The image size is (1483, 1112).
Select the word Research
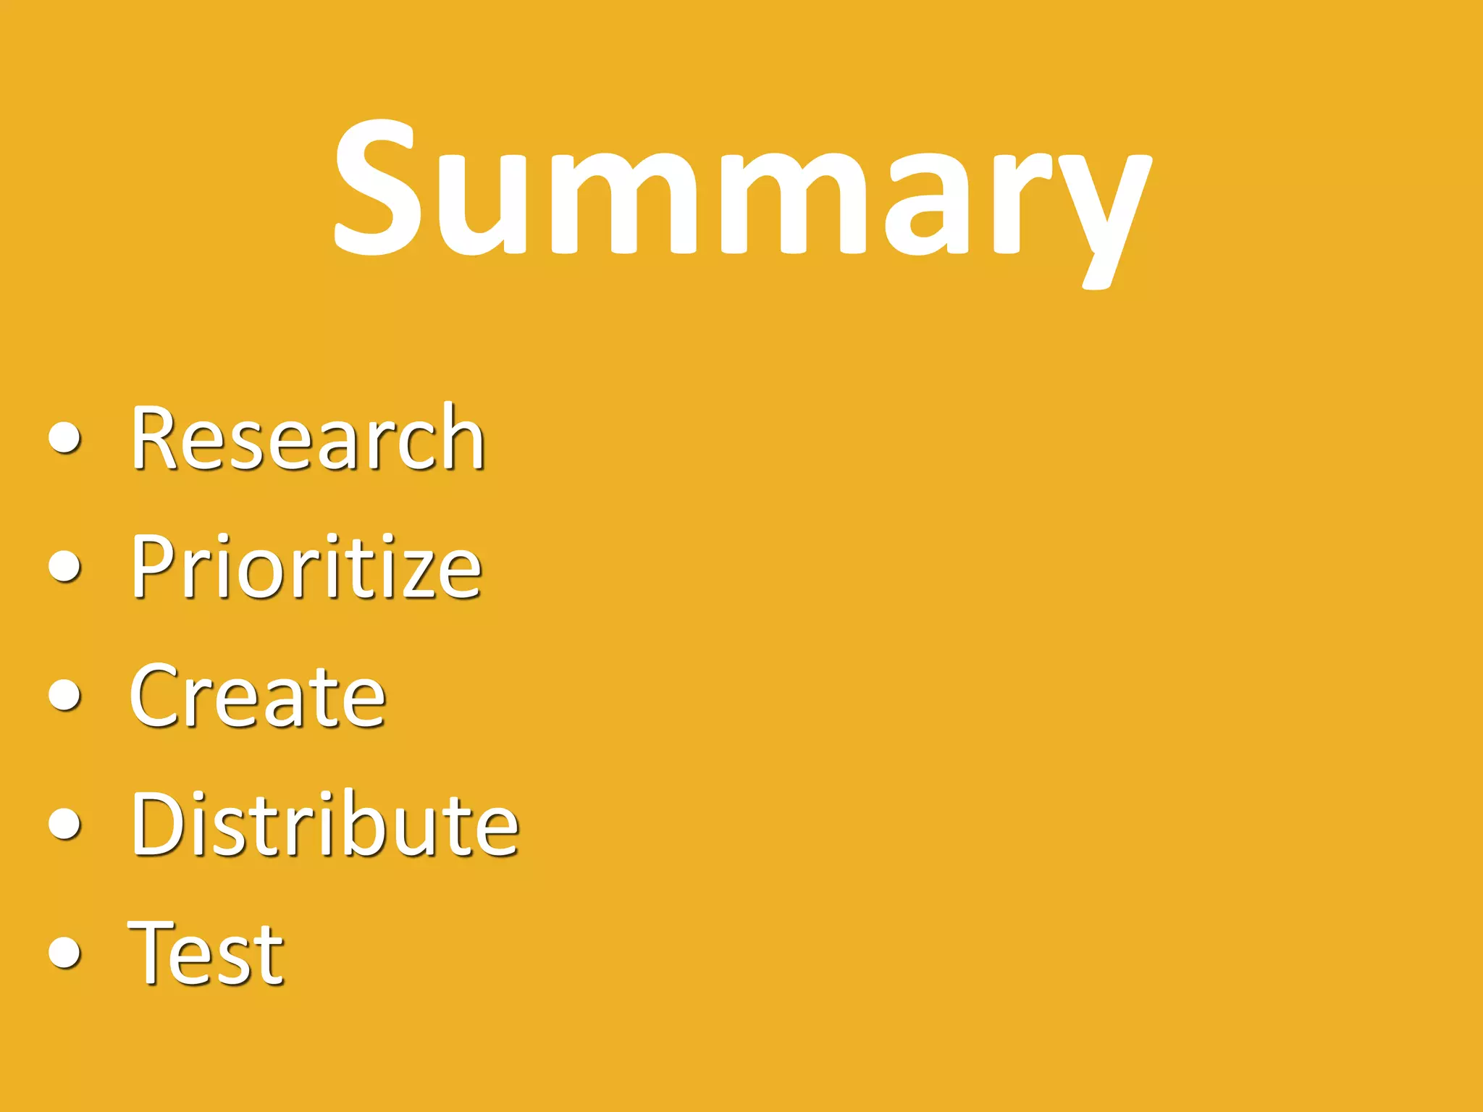308,437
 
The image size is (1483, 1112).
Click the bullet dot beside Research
65,438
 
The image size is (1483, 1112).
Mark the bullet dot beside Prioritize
65,566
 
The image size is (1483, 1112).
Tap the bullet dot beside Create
65,695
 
